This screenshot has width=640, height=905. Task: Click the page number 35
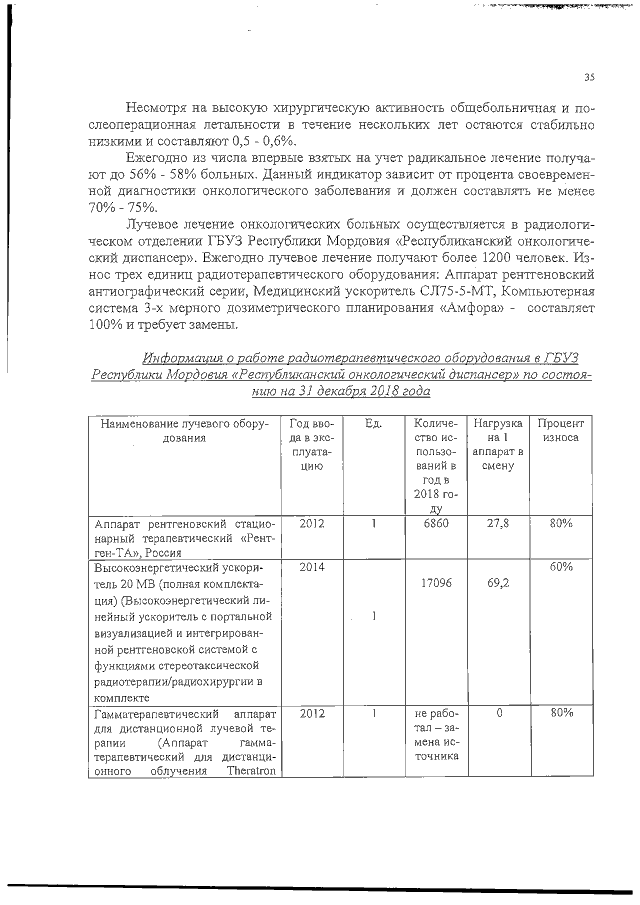click(589, 77)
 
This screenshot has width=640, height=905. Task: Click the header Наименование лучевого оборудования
click(183, 431)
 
